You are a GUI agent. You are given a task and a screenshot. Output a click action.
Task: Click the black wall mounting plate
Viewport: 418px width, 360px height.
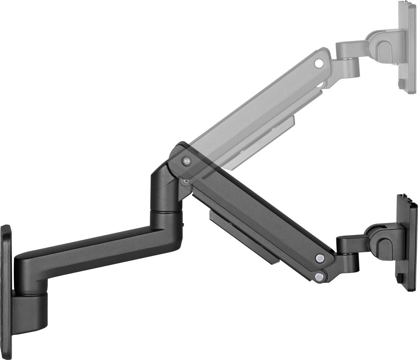click(x=6, y=290)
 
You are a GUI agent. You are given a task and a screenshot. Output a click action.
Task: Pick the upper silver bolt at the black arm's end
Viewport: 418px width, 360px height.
click(x=320, y=258)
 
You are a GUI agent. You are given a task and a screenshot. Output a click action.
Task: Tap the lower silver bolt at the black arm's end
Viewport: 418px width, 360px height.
click(x=319, y=276)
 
